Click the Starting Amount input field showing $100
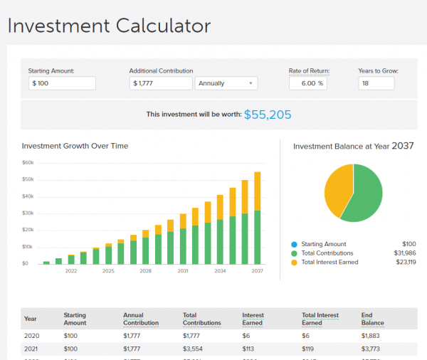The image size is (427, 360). (x=62, y=83)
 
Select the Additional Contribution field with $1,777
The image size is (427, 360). (x=162, y=83)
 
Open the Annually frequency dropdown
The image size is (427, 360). (x=226, y=83)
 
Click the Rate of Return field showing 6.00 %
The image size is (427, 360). (x=307, y=83)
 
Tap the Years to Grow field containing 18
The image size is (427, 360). (x=376, y=83)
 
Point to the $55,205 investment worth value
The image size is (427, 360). (x=268, y=115)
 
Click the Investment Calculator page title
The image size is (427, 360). (x=110, y=27)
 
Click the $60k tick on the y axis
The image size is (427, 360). (x=28, y=162)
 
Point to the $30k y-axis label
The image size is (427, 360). (x=28, y=213)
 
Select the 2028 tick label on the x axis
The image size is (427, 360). (x=145, y=271)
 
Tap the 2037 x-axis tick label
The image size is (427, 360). (x=257, y=271)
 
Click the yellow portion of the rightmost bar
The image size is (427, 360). (x=257, y=191)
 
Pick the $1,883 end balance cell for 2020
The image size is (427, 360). (x=371, y=336)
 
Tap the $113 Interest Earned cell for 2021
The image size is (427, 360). (x=248, y=349)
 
